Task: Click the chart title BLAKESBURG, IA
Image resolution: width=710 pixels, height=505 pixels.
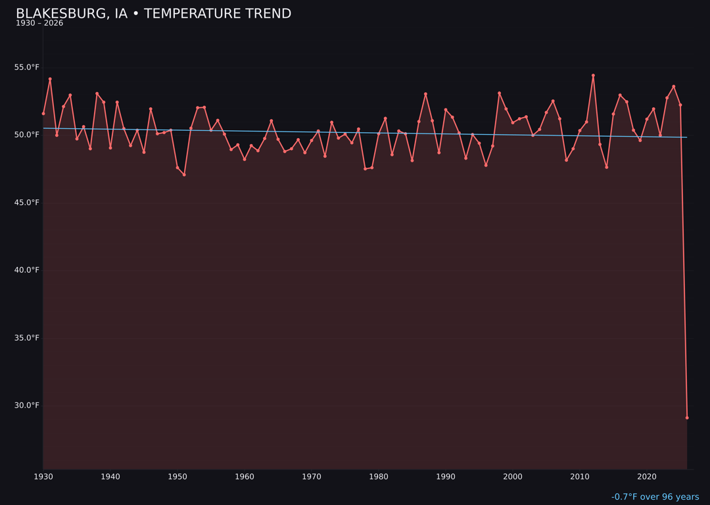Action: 153,14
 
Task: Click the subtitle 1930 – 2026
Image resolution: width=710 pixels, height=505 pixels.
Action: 39,24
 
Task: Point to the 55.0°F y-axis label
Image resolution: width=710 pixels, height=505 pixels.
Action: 27,67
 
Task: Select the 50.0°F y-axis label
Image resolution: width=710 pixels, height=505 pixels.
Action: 27,135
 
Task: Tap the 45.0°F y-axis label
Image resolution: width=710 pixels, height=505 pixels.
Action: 27,203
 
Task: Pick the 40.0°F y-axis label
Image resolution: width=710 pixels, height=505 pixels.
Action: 27,270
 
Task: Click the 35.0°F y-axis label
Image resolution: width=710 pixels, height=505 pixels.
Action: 27,338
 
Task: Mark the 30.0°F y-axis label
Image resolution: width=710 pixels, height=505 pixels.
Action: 27,406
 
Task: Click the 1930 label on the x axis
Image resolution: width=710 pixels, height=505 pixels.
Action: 43,477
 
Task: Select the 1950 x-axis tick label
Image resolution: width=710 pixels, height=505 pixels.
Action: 177,477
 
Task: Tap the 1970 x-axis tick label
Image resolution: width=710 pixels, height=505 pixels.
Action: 312,477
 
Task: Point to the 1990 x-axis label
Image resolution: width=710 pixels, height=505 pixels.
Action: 446,477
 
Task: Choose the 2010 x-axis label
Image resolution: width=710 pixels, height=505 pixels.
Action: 580,477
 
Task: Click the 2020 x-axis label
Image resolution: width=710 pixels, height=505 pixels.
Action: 647,477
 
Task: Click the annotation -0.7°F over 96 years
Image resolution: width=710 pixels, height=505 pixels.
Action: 655,497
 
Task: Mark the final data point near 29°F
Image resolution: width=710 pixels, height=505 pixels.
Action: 687,418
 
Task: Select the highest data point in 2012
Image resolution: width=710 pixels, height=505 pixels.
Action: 593,76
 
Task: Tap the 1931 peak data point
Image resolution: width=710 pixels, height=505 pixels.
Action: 50,79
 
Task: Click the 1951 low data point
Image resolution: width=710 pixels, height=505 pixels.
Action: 184,175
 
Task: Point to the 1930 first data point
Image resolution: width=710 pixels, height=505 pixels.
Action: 43,113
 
